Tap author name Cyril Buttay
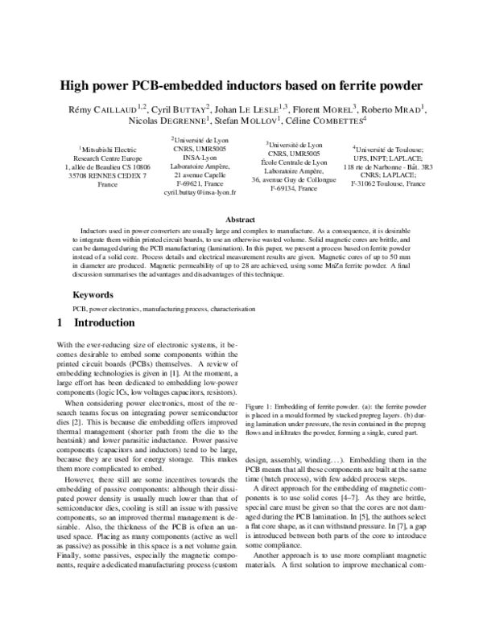(x=180, y=108)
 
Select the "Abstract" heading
(x=241, y=220)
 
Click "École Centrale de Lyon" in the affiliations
(x=296, y=162)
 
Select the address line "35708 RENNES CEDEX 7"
(x=107, y=175)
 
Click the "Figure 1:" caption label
(x=262, y=408)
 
